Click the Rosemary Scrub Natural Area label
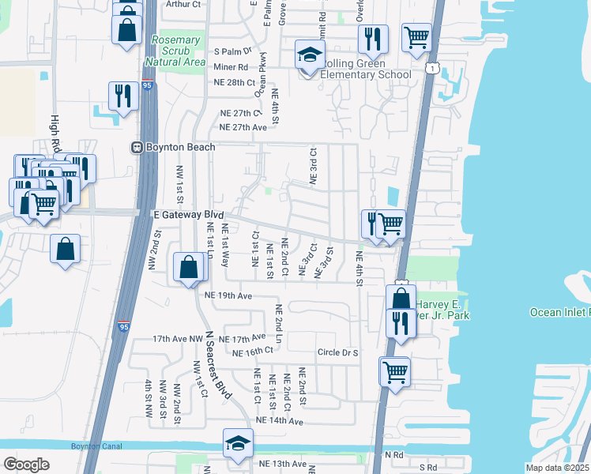175,51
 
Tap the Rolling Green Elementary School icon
310,55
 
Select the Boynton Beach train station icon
137,148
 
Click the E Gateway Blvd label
188,214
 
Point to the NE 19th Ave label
228,295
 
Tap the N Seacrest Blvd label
219,376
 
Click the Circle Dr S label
337,352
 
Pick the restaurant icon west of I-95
123,96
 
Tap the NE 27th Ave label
242,127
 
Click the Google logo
26,465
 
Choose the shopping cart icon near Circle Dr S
395,371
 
